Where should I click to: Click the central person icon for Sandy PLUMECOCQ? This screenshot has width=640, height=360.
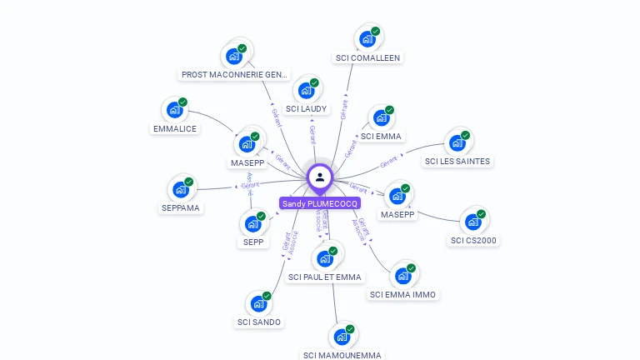[x=320, y=177]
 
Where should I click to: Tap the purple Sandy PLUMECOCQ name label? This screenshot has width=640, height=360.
[x=320, y=203]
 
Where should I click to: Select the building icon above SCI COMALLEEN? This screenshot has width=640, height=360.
[x=367, y=38]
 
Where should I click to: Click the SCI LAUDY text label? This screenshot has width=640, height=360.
[x=307, y=108]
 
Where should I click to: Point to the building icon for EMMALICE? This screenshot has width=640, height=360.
[x=174, y=109]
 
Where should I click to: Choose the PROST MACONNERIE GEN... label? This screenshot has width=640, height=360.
[x=235, y=75]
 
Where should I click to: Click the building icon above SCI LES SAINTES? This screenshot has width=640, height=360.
[x=457, y=142]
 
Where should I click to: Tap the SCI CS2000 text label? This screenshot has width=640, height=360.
[x=473, y=241]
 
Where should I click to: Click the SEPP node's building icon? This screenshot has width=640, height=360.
[x=252, y=223]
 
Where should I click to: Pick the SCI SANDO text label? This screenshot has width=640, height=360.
[x=259, y=322]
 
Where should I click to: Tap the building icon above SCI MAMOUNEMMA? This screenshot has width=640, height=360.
[x=342, y=337]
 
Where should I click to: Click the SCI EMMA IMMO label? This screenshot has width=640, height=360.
[x=402, y=294]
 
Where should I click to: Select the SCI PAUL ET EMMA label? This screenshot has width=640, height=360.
[x=324, y=277]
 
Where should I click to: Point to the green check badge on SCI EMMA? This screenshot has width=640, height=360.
[x=389, y=110]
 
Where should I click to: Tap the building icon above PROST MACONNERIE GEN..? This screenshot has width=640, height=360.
[x=233, y=56]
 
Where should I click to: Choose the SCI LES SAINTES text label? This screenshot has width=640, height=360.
[x=457, y=161]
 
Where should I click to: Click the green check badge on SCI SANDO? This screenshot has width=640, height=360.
[x=267, y=296]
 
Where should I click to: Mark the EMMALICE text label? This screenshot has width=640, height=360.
[x=175, y=129]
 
